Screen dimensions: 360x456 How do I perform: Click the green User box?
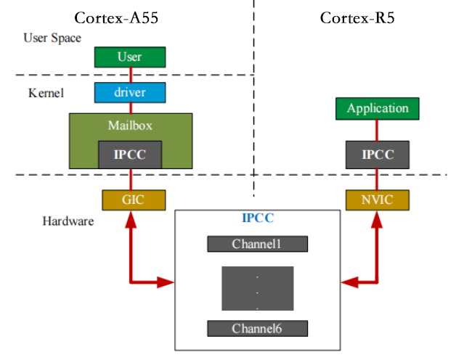point(130,57)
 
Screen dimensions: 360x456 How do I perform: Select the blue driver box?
point(130,92)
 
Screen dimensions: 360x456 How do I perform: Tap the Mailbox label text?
point(130,124)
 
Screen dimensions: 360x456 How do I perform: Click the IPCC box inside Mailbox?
point(130,154)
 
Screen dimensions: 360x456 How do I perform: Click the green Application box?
point(378,109)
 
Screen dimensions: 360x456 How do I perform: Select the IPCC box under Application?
point(378,154)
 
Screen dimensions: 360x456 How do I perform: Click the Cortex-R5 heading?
point(357,17)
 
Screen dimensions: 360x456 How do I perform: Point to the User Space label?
point(52,38)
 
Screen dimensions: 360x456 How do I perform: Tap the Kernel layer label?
point(46,93)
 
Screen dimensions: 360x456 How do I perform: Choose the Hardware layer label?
point(68,221)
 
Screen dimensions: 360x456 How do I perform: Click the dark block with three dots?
point(257,287)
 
